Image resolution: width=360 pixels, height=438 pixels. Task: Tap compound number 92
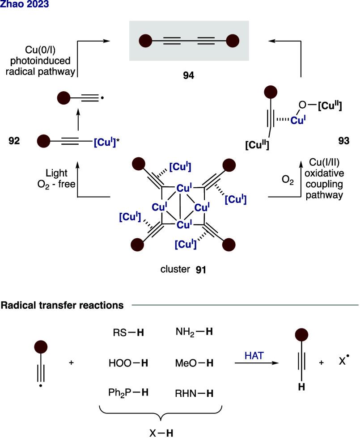click(x=14, y=143)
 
